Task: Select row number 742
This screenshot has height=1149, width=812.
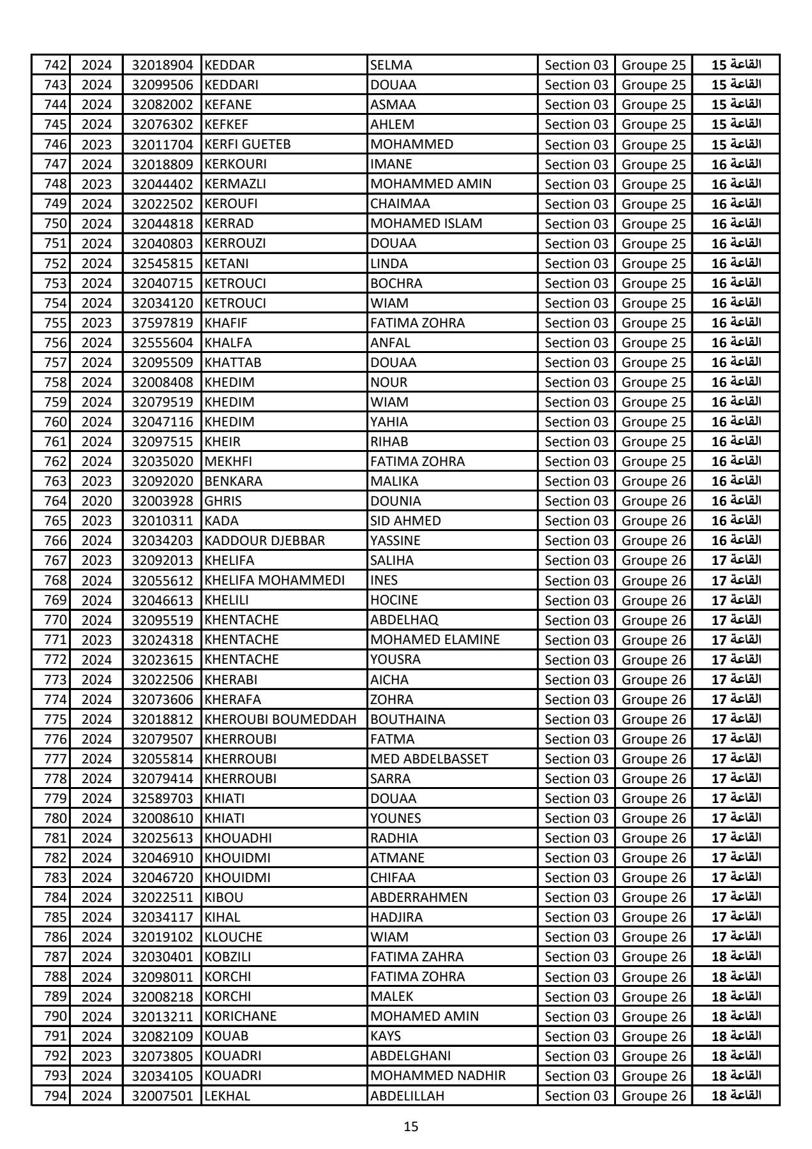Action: [x=55, y=65]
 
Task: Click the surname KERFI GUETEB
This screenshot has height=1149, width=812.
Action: [x=247, y=144]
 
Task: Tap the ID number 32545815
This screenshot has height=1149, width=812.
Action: [x=162, y=263]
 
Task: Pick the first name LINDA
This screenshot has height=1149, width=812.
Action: [x=389, y=263]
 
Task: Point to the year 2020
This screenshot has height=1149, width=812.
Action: [x=96, y=501]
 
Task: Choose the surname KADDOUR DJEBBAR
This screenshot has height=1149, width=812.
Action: [x=264, y=541]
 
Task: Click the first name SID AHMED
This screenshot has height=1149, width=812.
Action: [x=405, y=521]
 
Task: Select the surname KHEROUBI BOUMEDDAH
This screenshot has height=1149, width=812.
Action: [x=280, y=719]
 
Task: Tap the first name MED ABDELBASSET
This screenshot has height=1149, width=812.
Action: [x=429, y=759]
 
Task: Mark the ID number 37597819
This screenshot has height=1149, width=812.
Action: [x=162, y=323]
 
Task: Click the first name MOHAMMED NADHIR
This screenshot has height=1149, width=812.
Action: [x=438, y=1076]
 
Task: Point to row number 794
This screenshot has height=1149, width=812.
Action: [x=55, y=1096]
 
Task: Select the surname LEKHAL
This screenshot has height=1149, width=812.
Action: [x=227, y=1096]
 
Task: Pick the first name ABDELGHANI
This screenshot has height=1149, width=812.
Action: [x=410, y=1056]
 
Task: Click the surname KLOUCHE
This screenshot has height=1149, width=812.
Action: [x=233, y=937]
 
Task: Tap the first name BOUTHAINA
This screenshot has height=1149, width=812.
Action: [x=407, y=719]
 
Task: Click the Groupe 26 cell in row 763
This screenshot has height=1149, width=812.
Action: [x=653, y=481]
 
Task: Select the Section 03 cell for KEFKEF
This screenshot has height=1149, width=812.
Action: [x=576, y=124]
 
